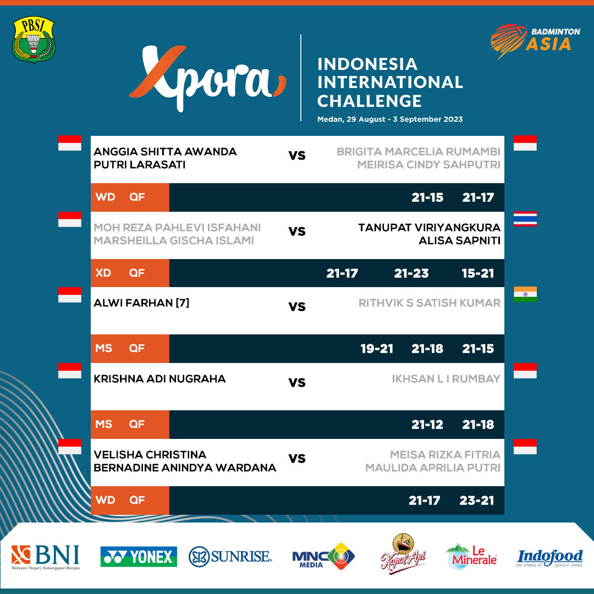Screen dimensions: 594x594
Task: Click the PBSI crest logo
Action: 33,40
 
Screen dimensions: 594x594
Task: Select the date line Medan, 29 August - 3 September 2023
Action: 390,119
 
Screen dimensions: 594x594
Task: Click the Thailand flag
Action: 525,219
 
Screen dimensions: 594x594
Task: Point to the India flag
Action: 525,294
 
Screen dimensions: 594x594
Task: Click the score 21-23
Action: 411,273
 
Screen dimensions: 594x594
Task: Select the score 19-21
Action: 377,349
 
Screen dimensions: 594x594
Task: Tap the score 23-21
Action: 476,501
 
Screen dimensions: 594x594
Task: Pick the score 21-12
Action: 427,425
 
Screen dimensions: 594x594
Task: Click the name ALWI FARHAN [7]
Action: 141,302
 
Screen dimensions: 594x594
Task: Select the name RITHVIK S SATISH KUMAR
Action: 430,303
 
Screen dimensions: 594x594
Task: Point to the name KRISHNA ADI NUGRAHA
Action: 159,378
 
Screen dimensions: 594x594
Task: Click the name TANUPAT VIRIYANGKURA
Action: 429,228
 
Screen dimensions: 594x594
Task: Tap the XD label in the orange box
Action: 103,273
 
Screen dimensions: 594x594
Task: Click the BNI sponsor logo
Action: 46,557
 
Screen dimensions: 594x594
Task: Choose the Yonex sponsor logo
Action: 139,557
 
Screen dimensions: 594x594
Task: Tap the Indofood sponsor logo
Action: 549,558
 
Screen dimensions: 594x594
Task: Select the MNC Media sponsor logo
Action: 323,557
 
